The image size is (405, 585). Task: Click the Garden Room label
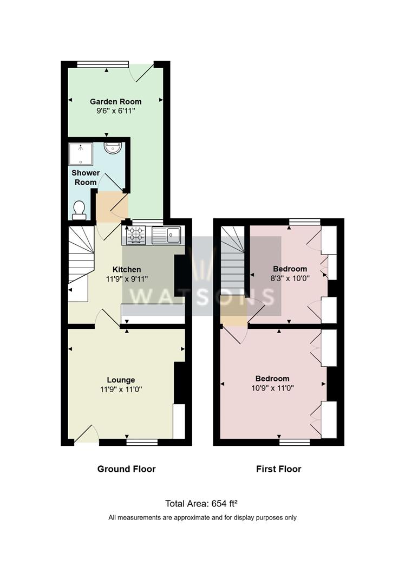coord(116,101)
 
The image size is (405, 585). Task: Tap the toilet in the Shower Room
coord(79,210)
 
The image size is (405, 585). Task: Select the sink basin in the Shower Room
coord(112,148)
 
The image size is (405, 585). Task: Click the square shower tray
coord(81,154)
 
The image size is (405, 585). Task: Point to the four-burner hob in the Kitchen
coord(136,235)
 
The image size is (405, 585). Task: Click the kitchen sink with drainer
coord(166,235)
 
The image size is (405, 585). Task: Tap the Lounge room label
coord(121,380)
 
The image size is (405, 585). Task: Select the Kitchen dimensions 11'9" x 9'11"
coord(127,279)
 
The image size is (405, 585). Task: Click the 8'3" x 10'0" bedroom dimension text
coord(290,278)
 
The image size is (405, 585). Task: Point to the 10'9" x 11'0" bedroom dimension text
coord(272,388)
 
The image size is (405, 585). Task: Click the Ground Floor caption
coord(126,469)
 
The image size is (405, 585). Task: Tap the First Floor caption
coord(279,469)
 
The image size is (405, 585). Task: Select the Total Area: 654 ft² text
coord(201,504)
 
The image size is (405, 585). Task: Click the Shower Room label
coord(86,178)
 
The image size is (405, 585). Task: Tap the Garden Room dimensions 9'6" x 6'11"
coord(116,111)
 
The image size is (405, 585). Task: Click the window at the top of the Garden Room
coord(103,64)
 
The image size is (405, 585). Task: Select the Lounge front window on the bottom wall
coord(142,443)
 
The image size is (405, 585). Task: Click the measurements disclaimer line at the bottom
coord(203,517)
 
